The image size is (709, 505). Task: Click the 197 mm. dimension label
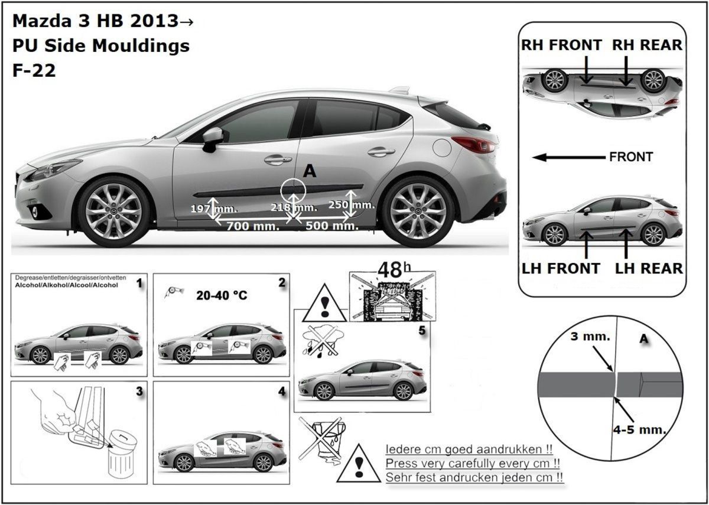click(x=214, y=209)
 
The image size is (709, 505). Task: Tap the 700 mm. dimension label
click(x=253, y=226)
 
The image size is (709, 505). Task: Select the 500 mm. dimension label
click(x=332, y=226)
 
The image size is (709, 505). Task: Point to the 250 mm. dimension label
click(x=352, y=205)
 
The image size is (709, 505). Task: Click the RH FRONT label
click(x=561, y=45)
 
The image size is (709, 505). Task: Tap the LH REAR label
click(x=649, y=268)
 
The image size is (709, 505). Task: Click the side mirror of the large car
click(x=212, y=139)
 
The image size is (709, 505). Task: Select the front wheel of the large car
click(x=113, y=211)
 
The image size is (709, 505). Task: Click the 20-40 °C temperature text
click(x=222, y=295)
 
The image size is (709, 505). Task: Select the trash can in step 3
click(x=122, y=455)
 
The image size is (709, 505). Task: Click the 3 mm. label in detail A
click(x=590, y=336)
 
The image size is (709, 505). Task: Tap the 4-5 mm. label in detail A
click(x=639, y=430)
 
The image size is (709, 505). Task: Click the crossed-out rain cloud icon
click(x=322, y=342)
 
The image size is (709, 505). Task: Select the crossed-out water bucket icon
click(x=322, y=438)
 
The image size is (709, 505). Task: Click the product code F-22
click(x=34, y=70)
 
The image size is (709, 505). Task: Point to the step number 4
click(x=282, y=392)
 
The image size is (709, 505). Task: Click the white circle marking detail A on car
click(x=293, y=179)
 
